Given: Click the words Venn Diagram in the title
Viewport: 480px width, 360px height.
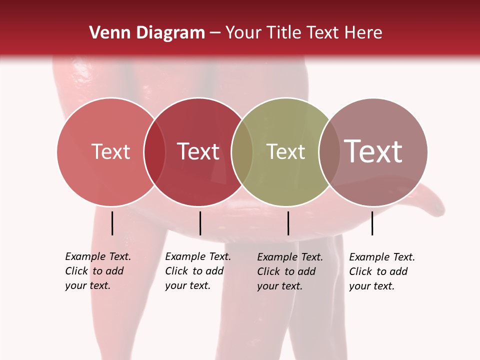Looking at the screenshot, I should click(147, 33).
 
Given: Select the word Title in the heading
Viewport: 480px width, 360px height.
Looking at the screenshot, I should click(284, 33).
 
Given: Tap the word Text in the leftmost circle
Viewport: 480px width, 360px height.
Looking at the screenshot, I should click(110, 151).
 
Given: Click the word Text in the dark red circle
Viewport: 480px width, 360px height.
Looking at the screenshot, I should click(198, 151).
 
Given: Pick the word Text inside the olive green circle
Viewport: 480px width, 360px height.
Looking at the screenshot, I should click(285, 151).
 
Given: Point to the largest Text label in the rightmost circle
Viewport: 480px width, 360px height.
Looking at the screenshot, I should click(373, 151).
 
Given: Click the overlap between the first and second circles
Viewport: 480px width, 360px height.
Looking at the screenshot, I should click(154, 152).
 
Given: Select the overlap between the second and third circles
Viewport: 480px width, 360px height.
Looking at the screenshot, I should click(242, 152).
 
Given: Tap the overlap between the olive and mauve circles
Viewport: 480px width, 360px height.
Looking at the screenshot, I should click(329, 152).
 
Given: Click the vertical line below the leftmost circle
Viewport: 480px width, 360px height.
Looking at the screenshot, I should click(112, 223).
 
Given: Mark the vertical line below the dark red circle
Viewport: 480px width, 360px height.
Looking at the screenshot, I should click(200, 223).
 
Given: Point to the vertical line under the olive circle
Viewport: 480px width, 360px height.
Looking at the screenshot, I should click(288, 223).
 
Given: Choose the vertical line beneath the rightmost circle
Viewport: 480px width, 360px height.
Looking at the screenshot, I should click(372, 223).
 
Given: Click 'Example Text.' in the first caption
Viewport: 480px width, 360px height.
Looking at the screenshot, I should click(98, 256).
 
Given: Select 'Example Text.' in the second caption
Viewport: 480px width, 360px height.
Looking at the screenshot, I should click(198, 256).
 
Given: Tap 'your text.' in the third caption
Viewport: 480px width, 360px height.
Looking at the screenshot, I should click(280, 286).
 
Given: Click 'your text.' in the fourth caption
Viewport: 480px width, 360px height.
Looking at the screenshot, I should click(372, 286).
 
